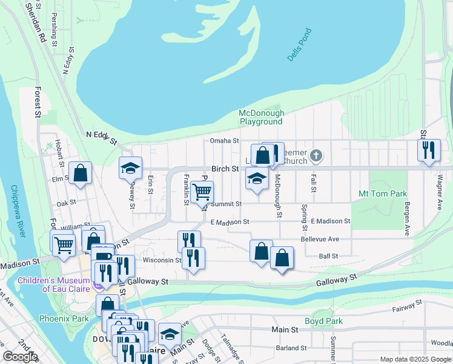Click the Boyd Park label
coord(323,321)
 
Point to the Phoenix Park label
coord(64,318)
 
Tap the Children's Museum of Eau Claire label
coord(53,284)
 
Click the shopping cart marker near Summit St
coord(202,192)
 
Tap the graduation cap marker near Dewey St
coord(130,167)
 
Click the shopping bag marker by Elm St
coord(80,173)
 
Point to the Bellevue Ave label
coord(320,239)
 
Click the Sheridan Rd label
coord(35,22)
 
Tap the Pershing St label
coord(55,32)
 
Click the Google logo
coord(20,357)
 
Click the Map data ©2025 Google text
coord(415,359)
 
